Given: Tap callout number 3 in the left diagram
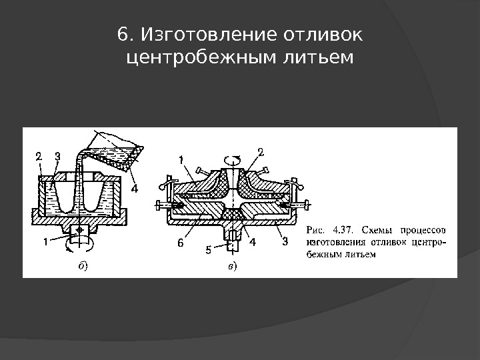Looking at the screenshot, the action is tap(58, 156).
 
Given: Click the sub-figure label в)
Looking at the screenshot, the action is tap(231, 266).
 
